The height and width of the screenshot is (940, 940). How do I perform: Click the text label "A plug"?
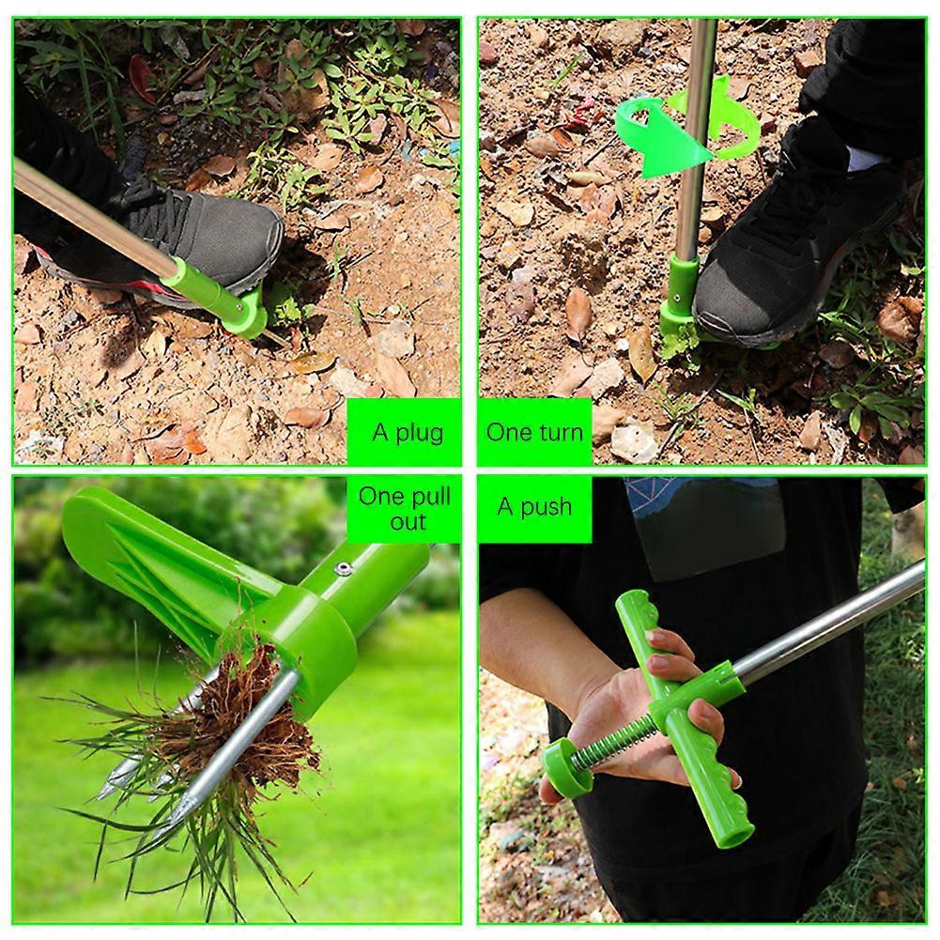pyautogui.click(x=408, y=433)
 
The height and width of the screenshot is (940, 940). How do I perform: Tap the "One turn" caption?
pyautogui.click(x=534, y=432)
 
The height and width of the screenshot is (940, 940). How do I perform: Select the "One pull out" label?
pyautogui.click(x=406, y=509)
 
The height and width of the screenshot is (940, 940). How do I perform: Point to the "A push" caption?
pyautogui.click(x=534, y=507)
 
